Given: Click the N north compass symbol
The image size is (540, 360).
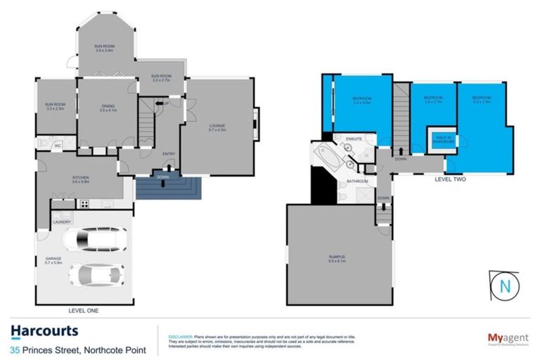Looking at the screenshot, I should tap(503, 286).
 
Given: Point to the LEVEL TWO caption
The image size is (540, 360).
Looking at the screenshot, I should tap(451, 179).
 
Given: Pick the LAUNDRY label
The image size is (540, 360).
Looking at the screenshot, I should tap(61, 223).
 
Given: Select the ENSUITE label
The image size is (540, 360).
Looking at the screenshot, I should tap(354, 139).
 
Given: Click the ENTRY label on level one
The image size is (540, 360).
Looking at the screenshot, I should tap(169, 154).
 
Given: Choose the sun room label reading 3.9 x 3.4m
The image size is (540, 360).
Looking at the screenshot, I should tap(104, 48).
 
